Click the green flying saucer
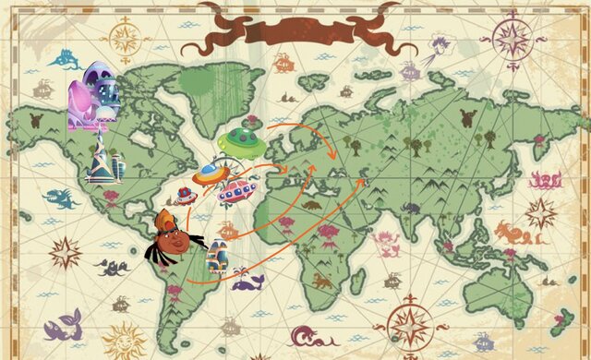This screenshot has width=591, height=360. pos(243,140)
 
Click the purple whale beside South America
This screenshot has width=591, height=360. pos(247,281)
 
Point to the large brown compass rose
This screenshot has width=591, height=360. pos(409,323)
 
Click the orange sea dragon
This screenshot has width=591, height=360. pos(511,232)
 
